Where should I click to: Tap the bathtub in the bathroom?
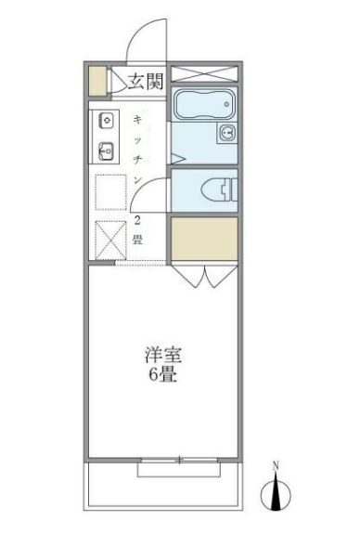tap(204, 107)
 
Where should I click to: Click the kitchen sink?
tap(106, 148)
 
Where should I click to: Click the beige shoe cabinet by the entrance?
tap(96, 81)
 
